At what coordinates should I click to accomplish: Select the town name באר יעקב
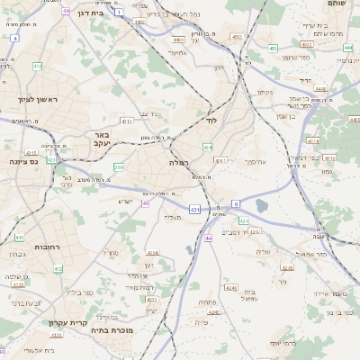point(100,138)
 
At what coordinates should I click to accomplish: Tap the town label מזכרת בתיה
point(112,330)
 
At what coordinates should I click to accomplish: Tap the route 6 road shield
point(236,203)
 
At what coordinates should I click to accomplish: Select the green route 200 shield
point(119,167)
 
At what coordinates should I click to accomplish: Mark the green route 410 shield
point(19,238)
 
